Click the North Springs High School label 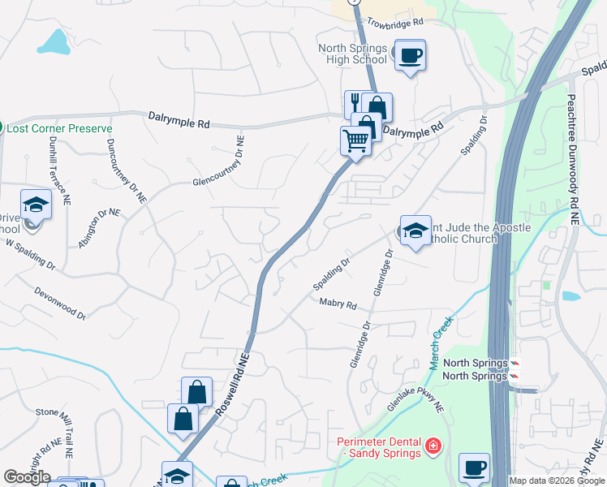coord(352,54)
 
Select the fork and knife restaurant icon coord(355,103)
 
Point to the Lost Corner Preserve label coord(59,129)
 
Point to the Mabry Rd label coord(338,304)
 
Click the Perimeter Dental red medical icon coord(433,446)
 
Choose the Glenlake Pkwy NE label coord(416,395)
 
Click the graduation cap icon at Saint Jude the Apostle coord(415,231)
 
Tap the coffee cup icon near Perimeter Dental coord(474,468)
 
